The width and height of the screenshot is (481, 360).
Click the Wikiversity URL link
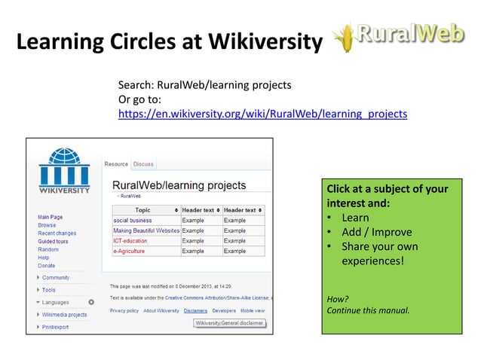click(x=263, y=114)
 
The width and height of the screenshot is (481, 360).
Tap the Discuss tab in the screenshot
click(x=143, y=164)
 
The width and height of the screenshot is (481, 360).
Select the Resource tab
click(x=116, y=164)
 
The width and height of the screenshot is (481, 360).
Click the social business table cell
click(x=133, y=220)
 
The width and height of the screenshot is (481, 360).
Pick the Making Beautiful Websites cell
click(x=146, y=230)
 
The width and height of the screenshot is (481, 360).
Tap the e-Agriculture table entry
click(x=129, y=251)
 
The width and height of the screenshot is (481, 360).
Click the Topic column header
click(x=142, y=209)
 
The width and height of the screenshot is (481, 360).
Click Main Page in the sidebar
click(x=51, y=217)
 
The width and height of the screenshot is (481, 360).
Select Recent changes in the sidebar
click(x=57, y=233)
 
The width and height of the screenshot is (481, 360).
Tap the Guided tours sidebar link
click(x=53, y=242)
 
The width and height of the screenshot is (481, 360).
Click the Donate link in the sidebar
click(x=46, y=266)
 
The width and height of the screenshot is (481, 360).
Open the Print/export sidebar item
click(x=55, y=327)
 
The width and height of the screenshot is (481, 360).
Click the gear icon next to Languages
click(x=91, y=302)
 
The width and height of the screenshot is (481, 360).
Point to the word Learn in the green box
click(x=355, y=218)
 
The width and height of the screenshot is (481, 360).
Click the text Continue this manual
click(x=368, y=310)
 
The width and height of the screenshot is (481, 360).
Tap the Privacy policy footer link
click(x=124, y=310)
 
